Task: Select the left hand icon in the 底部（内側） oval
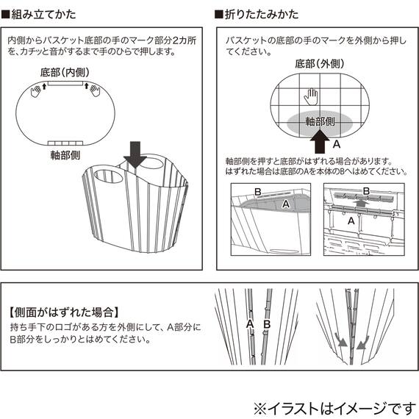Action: point(35,90)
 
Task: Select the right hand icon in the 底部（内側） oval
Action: point(93,90)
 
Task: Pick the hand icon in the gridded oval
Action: point(312,97)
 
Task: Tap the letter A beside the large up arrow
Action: point(336,144)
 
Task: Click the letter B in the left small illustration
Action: point(257,192)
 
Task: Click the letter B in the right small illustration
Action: point(366,190)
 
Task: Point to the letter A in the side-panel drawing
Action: point(250,323)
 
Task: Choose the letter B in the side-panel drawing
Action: point(267,323)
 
